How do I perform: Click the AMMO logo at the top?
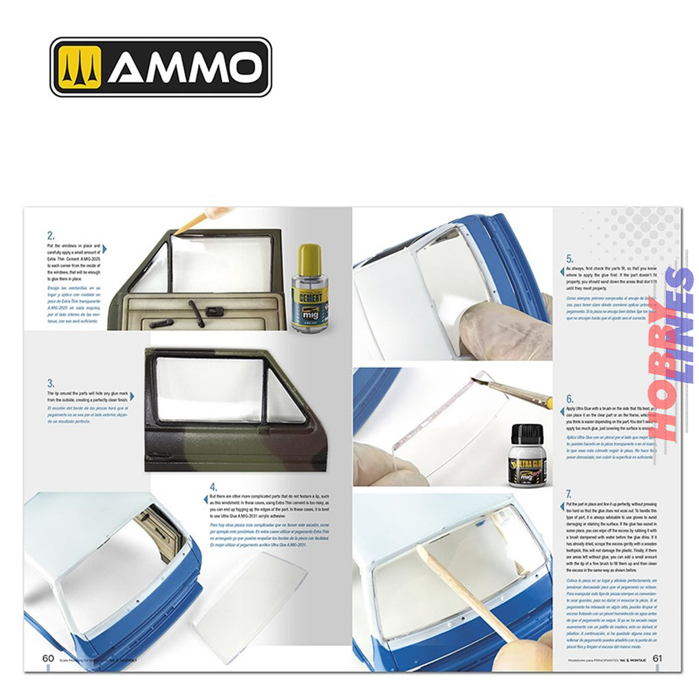(161, 67)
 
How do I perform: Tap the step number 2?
(51, 235)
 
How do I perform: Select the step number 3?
(51, 383)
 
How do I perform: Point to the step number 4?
(213, 487)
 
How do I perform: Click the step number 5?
(569, 259)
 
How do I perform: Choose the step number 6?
(569, 398)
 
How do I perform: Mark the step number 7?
(569, 493)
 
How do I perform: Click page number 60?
(48, 659)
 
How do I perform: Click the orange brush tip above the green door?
(193, 223)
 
